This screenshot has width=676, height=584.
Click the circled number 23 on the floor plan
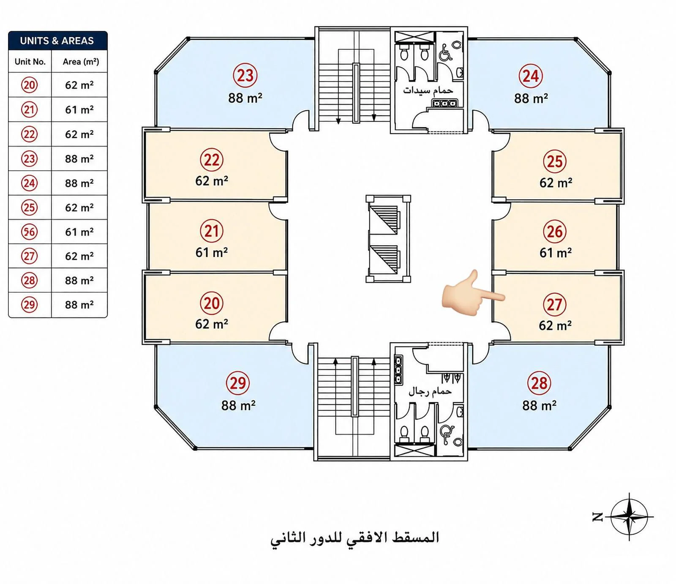tap(245, 75)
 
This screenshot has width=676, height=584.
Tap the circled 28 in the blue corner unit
tap(539, 383)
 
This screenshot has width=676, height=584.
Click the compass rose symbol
tap(629, 516)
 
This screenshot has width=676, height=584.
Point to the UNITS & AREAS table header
tap(58, 41)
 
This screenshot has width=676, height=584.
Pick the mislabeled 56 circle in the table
tap(30, 232)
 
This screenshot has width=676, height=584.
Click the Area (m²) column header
tap(81, 62)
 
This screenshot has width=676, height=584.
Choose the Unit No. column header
tap(30, 62)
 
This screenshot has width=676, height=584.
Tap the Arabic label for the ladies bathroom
tap(428, 90)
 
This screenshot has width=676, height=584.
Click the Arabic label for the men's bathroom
tap(430, 391)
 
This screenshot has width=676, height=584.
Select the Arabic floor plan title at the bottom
tap(355, 538)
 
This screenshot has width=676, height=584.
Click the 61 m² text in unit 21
tap(212, 252)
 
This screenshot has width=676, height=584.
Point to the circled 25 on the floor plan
tap(555, 161)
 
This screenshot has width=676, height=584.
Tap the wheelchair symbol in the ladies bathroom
tap(446, 53)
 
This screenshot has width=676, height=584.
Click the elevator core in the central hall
tap(388, 239)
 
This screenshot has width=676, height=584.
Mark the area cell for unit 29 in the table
tap(79, 305)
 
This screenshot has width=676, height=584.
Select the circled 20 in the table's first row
tap(30, 85)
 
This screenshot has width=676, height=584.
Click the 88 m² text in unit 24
tap(531, 98)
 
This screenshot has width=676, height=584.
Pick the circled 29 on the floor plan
tap(238, 383)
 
